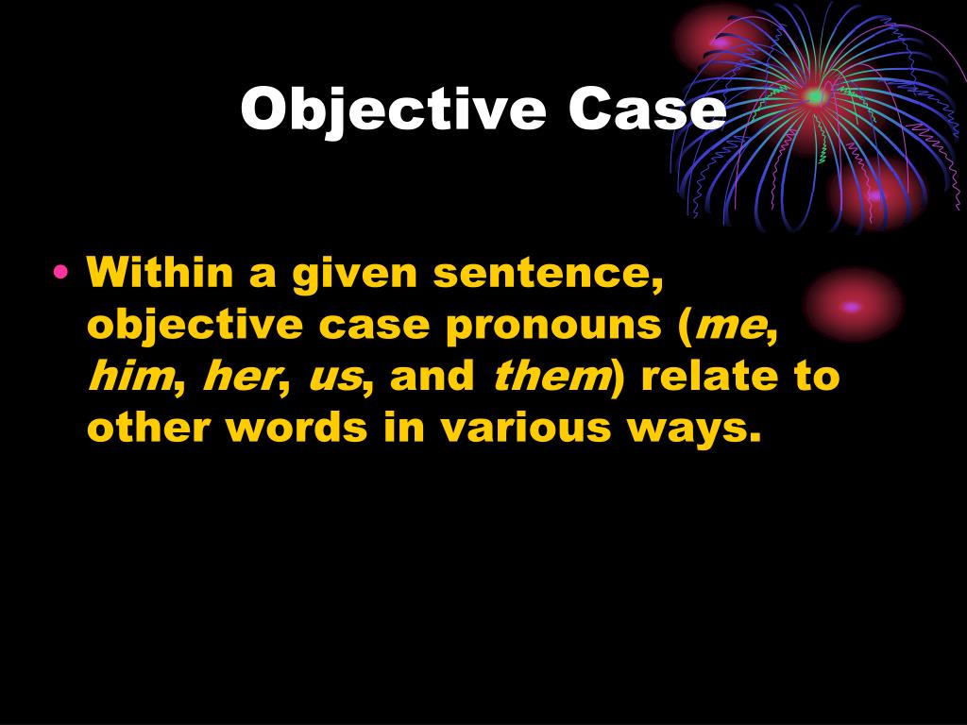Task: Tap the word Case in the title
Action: [648, 110]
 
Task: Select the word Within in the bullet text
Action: [161, 275]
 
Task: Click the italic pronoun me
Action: [729, 327]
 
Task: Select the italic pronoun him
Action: [129, 377]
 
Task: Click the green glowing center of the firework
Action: [814, 95]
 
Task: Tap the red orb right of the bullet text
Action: [852, 305]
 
